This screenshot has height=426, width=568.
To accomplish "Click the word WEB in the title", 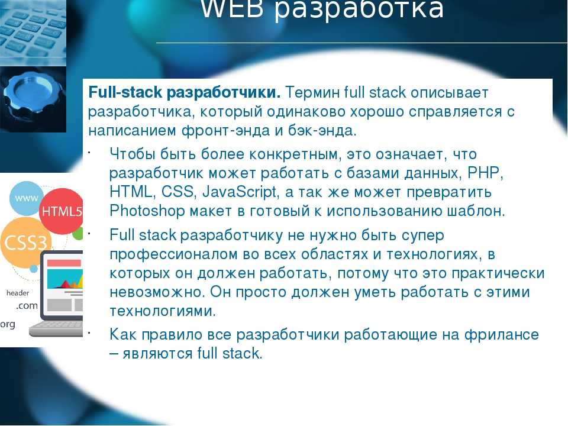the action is [232, 8].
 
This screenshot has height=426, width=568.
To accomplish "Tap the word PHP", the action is [485, 173].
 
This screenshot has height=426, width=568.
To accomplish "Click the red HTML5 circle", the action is [61, 211].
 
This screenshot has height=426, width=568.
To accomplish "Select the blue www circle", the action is [26, 198].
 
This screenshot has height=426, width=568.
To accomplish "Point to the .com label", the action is [27, 306].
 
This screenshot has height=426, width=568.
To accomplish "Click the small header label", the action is [18, 293].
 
